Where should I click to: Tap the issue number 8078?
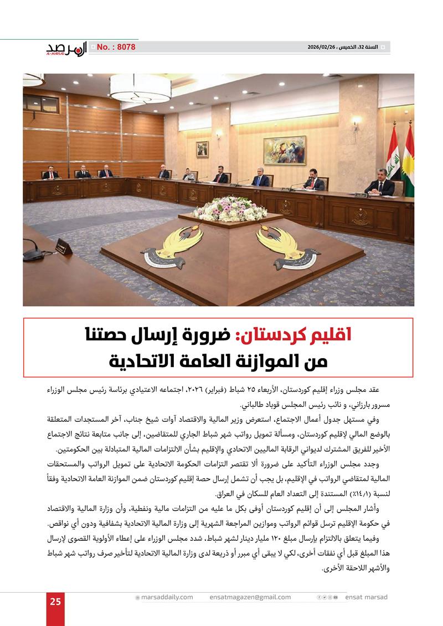click(x=116, y=48)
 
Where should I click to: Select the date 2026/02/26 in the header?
click(x=322, y=48)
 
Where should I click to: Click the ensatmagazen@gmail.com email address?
click(x=250, y=597)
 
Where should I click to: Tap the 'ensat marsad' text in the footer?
click(x=366, y=597)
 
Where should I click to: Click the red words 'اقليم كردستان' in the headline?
click(x=295, y=335)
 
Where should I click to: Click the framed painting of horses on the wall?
click(x=285, y=150)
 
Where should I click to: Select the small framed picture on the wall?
click(x=202, y=149)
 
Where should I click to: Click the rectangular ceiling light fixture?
click(x=140, y=88)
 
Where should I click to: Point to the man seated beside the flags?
click(x=380, y=183)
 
